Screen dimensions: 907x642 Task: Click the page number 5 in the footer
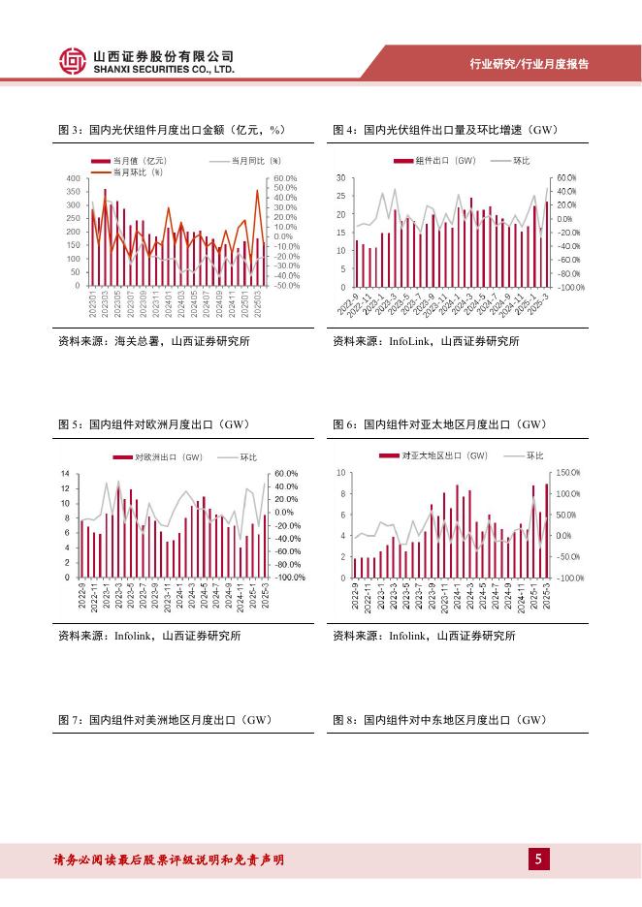coord(539,859)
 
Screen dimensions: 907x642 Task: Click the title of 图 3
coord(176,130)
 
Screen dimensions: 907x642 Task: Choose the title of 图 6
coord(439,424)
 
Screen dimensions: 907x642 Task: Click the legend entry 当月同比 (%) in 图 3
coord(255,160)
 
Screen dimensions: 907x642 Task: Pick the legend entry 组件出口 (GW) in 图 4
coord(445,160)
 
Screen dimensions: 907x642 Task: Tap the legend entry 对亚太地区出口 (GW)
coord(445,455)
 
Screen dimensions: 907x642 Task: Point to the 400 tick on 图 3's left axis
coord(73,179)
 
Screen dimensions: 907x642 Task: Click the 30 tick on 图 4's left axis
coord(340,179)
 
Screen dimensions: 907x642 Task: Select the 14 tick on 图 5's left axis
coord(65,474)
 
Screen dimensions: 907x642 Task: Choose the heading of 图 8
coord(439,721)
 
